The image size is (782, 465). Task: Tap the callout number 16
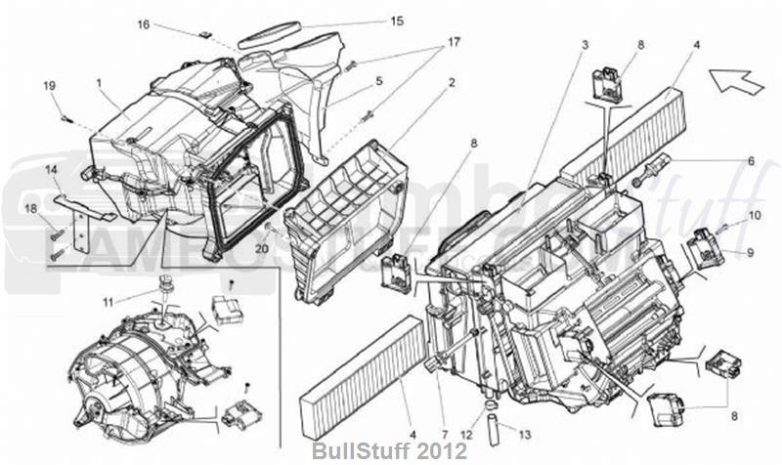[144, 24]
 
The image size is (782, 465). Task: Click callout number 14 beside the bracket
[51, 170]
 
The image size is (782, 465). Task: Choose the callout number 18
[30, 209]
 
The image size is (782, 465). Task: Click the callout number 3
[585, 46]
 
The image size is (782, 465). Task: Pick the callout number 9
[752, 252]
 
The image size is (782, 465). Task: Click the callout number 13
[525, 434]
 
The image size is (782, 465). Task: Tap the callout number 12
[468, 433]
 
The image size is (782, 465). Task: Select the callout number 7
[442, 433]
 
